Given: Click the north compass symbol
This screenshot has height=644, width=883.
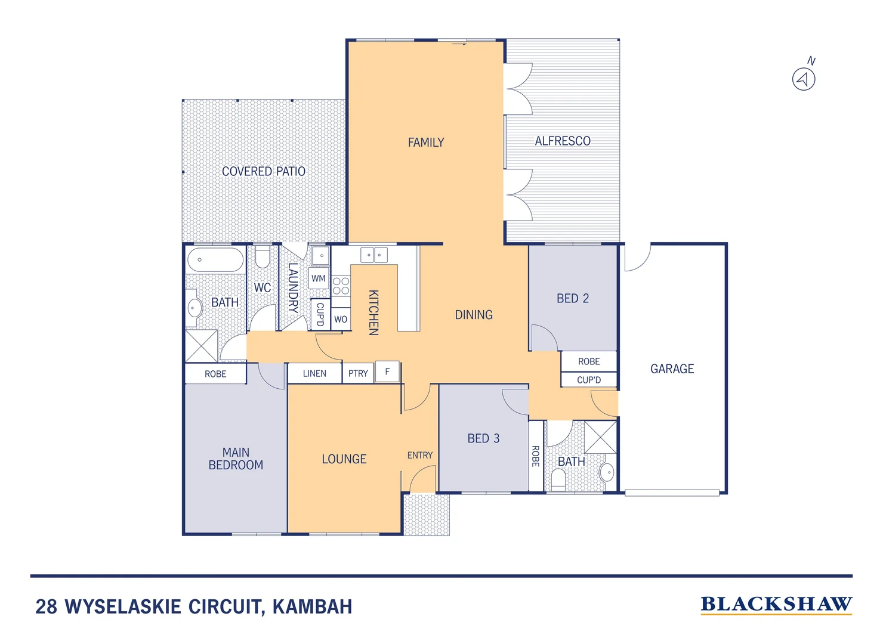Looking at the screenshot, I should [x=804, y=79].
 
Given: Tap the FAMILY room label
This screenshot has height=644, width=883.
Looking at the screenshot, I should [x=425, y=143].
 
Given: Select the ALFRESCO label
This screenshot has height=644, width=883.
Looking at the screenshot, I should [x=562, y=141].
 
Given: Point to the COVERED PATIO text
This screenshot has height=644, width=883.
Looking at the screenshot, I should [x=263, y=172].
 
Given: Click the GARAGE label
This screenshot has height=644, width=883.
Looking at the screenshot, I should [x=672, y=369].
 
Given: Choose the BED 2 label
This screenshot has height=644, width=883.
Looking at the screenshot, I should [x=572, y=299].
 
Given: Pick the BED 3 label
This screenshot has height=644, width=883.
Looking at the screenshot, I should [x=483, y=439].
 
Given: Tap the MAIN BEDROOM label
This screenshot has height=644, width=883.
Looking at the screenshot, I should [x=236, y=459].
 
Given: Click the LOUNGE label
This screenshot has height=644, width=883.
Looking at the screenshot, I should [x=344, y=459].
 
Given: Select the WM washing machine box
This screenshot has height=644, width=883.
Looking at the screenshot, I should [x=319, y=278].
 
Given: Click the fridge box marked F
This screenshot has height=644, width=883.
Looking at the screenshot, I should [x=387, y=372].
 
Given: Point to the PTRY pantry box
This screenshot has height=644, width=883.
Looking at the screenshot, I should [x=358, y=373].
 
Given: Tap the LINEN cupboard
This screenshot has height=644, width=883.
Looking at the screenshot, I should [x=314, y=373].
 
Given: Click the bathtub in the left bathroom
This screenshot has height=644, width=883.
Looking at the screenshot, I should [x=215, y=260].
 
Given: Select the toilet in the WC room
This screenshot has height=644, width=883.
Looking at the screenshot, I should [x=263, y=258].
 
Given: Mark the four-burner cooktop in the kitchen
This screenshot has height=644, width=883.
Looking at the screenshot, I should [x=341, y=286].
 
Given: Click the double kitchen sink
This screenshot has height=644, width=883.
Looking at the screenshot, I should [x=374, y=255].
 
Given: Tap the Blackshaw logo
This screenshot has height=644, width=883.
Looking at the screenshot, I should [x=776, y=605].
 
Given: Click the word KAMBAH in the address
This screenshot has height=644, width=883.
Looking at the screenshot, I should [x=312, y=607].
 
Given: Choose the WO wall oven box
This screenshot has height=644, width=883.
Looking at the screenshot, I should [x=341, y=319].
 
